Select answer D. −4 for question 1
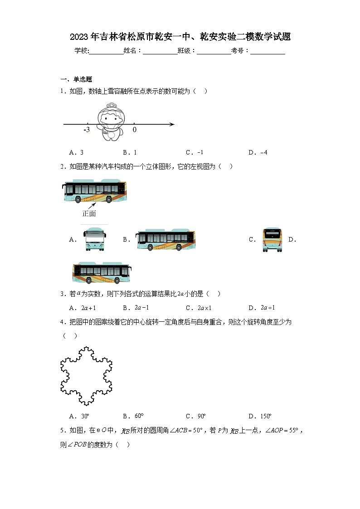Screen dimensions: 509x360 coord(258,153)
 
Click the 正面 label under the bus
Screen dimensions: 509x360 coord(89,213)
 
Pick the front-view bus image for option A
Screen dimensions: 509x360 coord(95,239)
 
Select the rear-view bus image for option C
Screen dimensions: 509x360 coord(272,240)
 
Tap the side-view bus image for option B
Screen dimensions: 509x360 coord(166,240)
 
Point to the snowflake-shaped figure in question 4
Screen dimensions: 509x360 coord(86,376)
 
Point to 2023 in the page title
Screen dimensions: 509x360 coord(79,37)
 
